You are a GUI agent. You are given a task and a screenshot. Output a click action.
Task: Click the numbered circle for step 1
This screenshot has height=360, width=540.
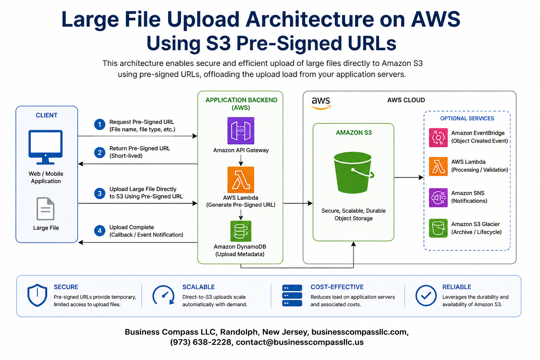(x=99, y=124)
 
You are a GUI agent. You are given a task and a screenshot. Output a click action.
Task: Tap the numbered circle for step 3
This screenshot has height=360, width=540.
(x=99, y=193)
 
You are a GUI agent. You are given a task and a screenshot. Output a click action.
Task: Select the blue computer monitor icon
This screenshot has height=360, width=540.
(x=46, y=147)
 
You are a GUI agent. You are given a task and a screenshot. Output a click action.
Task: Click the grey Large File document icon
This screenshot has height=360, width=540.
(x=46, y=209)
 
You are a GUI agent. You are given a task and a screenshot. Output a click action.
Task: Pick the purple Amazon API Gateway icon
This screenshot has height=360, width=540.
(x=240, y=131)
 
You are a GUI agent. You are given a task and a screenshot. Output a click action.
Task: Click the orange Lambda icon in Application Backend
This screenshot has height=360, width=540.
(x=240, y=180)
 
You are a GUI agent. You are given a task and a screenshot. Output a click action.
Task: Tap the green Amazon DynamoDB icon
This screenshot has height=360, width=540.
(x=240, y=231)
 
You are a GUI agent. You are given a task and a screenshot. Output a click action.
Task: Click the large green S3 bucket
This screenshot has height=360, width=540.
(x=353, y=173)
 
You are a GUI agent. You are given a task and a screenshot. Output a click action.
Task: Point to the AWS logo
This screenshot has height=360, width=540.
(x=321, y=103)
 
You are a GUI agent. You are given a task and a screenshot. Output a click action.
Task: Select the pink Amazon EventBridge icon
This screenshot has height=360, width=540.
(x=438, y=137)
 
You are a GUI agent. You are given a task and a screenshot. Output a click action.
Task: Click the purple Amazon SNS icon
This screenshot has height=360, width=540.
(x=438, y=198)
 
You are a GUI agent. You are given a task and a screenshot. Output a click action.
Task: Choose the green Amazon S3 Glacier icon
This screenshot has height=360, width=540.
(x=438, y=229)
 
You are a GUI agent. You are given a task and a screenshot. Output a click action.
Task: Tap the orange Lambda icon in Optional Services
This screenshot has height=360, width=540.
(x=438, y=167)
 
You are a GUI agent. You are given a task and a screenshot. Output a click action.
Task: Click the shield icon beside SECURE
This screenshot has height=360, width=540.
(x=37, y=295)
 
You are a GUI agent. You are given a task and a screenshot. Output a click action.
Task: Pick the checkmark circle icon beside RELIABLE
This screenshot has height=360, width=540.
(x=426, y=295)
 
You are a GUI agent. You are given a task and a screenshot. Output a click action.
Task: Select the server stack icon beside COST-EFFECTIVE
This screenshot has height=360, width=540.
(x=292, y=295)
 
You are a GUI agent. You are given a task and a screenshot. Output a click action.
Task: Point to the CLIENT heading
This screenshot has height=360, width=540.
(x=46, y=115)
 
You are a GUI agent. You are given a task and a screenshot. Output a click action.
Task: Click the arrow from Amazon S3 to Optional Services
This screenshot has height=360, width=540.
(x=409, y=178)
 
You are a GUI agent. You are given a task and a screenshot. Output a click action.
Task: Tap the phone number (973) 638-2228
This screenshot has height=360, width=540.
(x=201, y=342)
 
